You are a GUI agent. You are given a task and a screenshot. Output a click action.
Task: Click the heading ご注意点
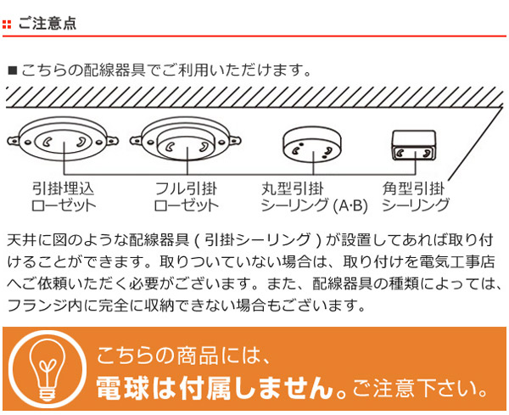tap(48, 24)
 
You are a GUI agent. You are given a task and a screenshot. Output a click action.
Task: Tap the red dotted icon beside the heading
tap(7, 25)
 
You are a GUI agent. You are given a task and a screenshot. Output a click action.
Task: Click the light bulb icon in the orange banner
tap(48, 369)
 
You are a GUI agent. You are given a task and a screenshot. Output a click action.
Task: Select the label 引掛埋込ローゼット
tap(64, 197)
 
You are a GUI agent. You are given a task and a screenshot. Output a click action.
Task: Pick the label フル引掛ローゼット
tap(186, 197)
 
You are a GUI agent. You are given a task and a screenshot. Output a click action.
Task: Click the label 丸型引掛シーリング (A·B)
tap(314, 197)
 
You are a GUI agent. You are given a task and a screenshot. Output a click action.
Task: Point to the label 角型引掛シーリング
tap(415, 197)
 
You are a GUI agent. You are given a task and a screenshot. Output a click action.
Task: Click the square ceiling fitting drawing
tap(414, 145)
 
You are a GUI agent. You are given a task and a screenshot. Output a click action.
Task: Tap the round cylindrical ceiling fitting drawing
tap(312, 144)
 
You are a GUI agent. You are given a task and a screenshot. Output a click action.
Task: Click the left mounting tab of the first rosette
tap(14, 141)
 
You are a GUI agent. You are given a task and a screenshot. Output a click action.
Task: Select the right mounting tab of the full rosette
tap(234, 141)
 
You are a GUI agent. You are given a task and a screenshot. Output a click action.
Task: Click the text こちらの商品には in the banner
tap(183, 356)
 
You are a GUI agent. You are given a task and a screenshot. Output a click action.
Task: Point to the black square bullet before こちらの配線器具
tap(13, 70)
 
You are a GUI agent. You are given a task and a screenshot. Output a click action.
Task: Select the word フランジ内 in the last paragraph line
tap(44, 306)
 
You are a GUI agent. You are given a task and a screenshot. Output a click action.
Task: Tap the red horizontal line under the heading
tap(255, 36)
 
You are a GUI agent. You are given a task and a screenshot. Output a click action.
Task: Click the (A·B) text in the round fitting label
tap(350, 205)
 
